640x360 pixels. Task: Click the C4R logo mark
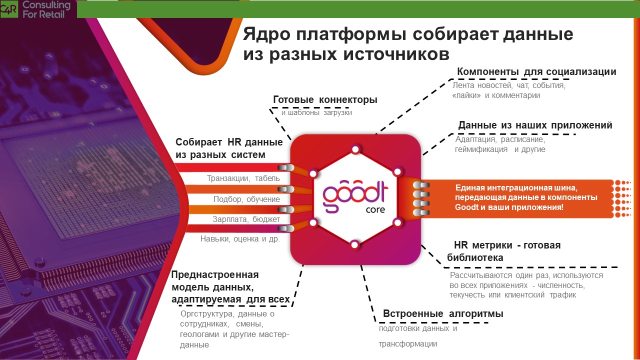[9, 9]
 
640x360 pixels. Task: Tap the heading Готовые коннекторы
[325, 99]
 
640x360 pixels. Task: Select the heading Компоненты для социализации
[536, 71]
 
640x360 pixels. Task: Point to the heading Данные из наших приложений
[535, 125]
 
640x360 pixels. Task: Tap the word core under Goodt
[375, 209]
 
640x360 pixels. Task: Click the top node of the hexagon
[355, 149]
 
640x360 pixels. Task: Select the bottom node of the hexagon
[354, 245]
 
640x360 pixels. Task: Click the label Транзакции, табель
[243, 178]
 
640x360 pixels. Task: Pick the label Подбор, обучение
[246, 199]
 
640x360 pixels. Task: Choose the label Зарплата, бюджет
[246, 219]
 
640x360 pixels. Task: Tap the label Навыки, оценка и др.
[240, 239]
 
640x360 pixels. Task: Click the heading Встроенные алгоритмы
[443, 313]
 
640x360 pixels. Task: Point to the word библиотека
[475, 257]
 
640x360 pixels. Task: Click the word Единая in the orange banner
[470, 187]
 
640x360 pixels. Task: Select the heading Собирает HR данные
[229, 142]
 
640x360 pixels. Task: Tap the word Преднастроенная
[215, 275]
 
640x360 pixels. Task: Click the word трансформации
[407, 344]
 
